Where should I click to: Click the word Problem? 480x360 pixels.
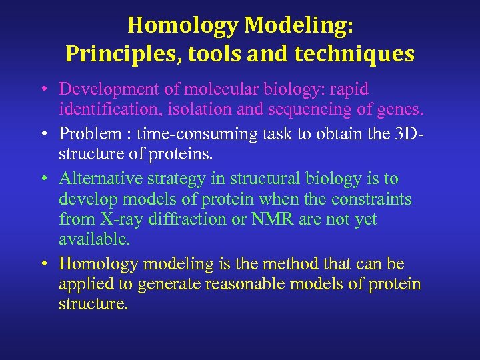84,134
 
